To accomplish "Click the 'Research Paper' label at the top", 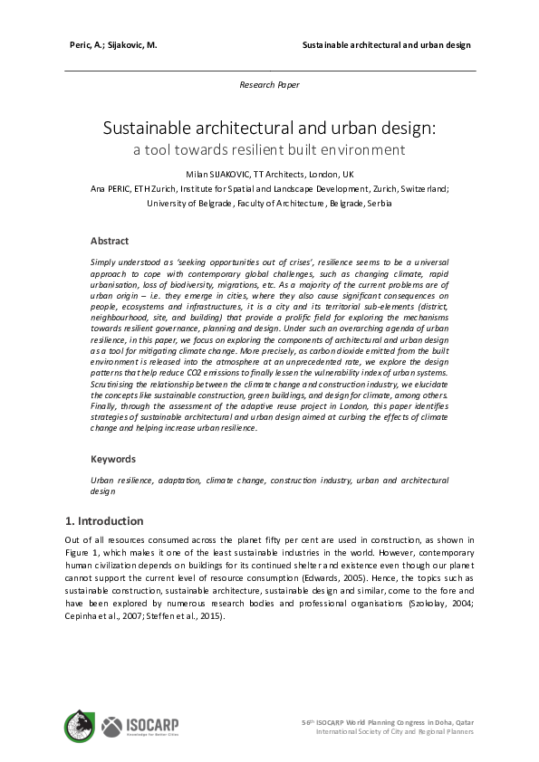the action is coord(269,84).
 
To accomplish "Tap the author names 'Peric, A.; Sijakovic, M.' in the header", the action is coord(113,44).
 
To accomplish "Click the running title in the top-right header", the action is coord(386,44).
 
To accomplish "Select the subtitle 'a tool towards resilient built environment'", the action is coord(269,149).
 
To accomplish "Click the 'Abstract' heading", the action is coord(110,241).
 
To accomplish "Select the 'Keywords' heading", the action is coord(113,459).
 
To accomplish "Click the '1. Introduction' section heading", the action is coord(104,521).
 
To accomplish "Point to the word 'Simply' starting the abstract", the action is coord(103,261).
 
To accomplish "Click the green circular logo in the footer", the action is coord(79,726).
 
